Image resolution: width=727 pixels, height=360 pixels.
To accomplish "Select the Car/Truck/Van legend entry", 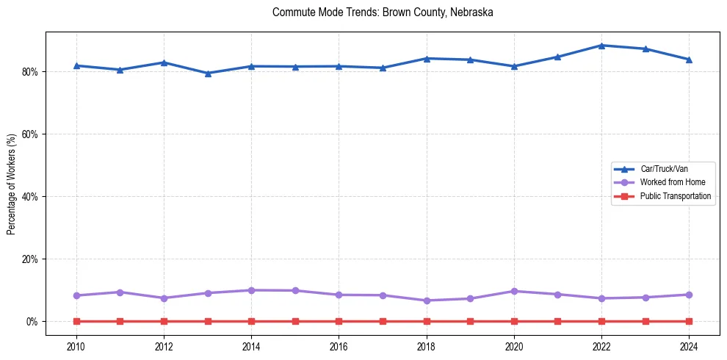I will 664,169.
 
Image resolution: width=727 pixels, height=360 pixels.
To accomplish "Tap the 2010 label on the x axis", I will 76,346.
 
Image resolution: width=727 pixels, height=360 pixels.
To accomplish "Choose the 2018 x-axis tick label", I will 427,346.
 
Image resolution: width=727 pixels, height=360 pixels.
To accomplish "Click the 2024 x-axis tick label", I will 690,346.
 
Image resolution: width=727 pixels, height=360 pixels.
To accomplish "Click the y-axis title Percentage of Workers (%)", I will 12,184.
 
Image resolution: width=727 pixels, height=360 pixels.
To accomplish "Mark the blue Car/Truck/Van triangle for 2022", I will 601,46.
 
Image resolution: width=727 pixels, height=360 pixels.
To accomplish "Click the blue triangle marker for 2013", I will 208,73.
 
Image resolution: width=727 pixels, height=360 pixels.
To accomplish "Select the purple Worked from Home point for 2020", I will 514,292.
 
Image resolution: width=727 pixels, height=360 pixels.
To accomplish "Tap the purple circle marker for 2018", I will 427,300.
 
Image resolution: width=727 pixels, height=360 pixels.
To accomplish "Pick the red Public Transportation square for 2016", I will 339,321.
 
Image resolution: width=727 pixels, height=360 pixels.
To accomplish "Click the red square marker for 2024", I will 690,321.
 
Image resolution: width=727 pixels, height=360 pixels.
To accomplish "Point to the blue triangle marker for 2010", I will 76,66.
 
